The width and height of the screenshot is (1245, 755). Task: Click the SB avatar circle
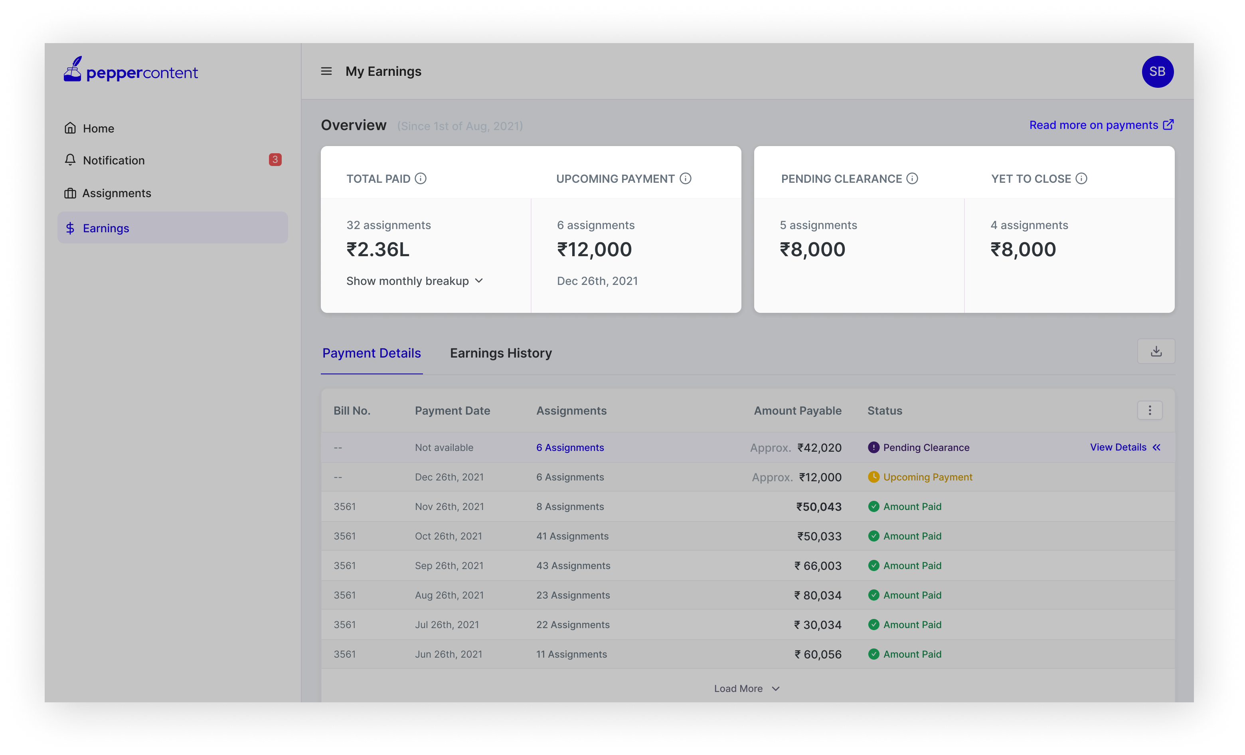(x=1157, y=72)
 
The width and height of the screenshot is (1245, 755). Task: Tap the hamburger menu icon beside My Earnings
(x=326, y=71)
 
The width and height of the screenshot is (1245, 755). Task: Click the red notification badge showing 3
(x=275, y=160)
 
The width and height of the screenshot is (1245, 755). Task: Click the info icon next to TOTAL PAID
(x=421, y=178)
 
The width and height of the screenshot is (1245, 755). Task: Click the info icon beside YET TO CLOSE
(x=1081, y=178)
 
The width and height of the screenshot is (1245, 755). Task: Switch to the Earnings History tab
(x=501, y=353)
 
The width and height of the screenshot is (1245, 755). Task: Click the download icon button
(x=1156, y=351)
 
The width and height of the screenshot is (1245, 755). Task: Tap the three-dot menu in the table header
(x=1150, y=410)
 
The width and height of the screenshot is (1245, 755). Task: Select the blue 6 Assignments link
(x=570, y=448)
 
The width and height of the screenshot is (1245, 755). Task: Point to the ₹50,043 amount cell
(x=818, y=507)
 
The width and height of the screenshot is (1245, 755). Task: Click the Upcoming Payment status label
(x=928, y=477)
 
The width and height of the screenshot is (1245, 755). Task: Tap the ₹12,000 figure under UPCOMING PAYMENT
(x=594, y=250)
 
